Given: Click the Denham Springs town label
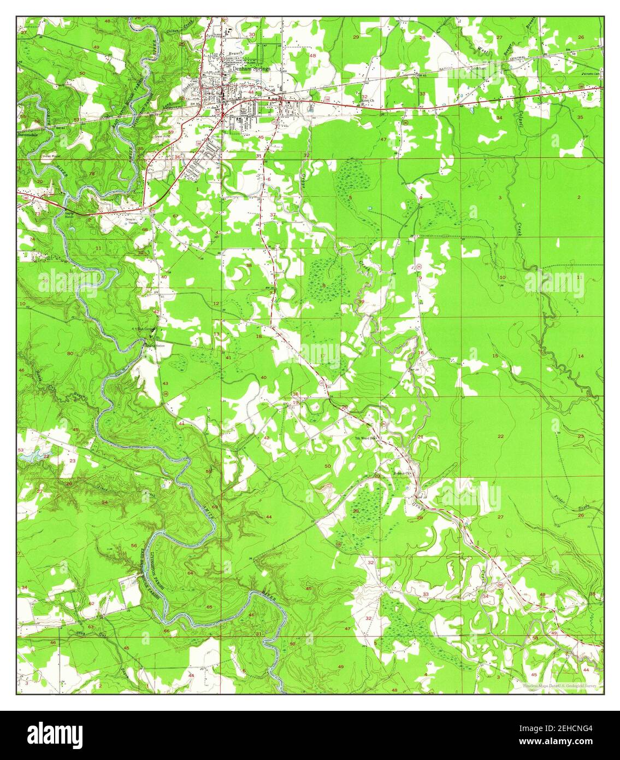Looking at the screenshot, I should [x=250, y=69].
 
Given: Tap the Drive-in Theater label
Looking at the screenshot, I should [x=131, y=220].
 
